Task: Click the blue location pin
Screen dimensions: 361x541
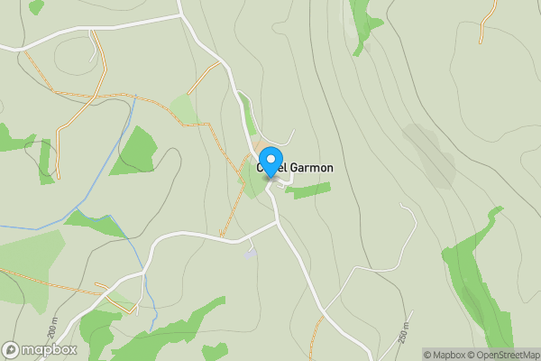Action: pyautogui.click(x=270, y=160)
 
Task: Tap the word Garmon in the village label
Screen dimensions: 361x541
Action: pyautogui.click(x=311, y=167)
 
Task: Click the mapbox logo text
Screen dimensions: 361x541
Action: pyautogui.click(x=45, y=349)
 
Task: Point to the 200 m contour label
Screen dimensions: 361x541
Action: pyautogui.click(x=51, y=330)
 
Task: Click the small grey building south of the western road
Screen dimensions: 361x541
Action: pyautogui.click(x=250, y=254)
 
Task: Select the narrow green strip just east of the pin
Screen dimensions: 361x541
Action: pyautogui.click(x=308, y=190)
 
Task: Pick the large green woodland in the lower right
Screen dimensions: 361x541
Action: pyautogui.click(x=478, y=280)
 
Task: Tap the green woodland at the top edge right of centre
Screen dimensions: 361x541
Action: pyautogui.click(x=365, y=23)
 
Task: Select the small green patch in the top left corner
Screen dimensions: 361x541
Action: pyautogui.click(x=35, y=6)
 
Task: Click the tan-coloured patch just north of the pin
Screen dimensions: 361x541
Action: pyautogui.click(x=263, y=146)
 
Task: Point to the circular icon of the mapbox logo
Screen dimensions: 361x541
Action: pyautogui.click(x=12, y=349)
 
